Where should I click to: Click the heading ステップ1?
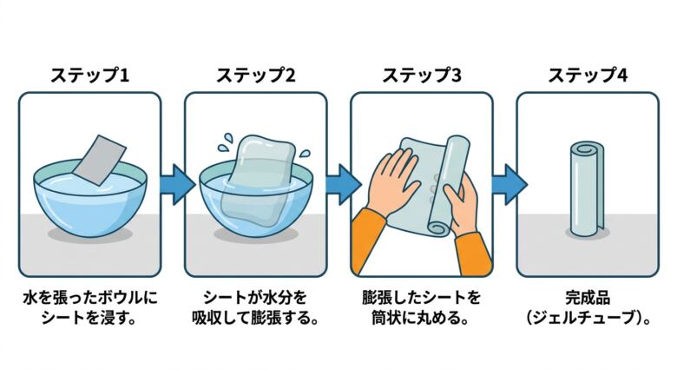(89, 75)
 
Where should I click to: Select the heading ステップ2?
(255, 75)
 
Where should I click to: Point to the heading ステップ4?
(587, 75)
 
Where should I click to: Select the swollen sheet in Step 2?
(256, 178)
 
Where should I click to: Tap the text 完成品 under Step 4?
(587, 298)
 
